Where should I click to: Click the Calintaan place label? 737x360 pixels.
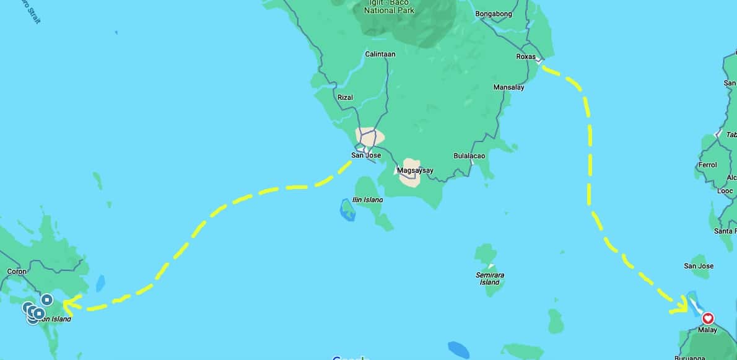[x=380, y=54]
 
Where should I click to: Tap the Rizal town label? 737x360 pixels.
[x=345, y=97]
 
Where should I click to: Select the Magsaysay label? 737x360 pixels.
[x=415, y=170]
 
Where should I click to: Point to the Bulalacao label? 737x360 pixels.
[x=469, y=156]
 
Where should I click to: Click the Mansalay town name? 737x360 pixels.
[x=508, y=87]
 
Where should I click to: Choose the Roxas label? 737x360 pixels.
[x=525, y=56]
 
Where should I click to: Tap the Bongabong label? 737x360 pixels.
[x=494, y=14]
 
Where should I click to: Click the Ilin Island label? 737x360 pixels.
[x=367, y=200]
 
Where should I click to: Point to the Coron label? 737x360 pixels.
[x=17, y=271]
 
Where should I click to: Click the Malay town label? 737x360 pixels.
[x=707, y=330]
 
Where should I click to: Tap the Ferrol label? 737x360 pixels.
[x=707, y=165]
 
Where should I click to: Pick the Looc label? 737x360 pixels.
[x=725, y=191]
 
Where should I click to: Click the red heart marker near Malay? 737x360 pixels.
[x=708, y=318]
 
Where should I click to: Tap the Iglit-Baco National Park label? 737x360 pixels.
[x=389, y=7]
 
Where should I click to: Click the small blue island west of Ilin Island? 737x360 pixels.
[x=347, y=210]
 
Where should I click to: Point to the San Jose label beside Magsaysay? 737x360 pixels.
[x=366, y=155]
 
